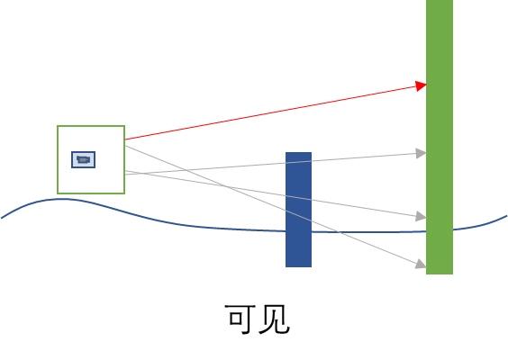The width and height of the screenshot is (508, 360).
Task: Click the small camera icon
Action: (83, 159)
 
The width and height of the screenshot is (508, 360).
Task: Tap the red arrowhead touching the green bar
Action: (422, 85)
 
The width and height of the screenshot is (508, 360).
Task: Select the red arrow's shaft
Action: (270, 113)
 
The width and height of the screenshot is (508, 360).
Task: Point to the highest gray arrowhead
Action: (422, 153)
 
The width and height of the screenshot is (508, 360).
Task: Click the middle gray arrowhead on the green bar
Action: (422, 216)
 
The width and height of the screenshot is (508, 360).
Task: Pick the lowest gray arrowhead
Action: (421, 265)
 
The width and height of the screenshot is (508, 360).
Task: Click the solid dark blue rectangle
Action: (298, 210)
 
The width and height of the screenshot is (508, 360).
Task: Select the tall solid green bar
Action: (440, 137)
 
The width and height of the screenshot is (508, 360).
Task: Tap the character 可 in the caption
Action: (239, 319)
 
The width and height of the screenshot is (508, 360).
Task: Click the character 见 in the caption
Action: (275, 319)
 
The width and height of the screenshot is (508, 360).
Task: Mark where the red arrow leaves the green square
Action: (125, 139)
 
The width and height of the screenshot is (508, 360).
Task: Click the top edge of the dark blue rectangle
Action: (298, 152)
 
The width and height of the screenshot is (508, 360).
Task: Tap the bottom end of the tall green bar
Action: (440, 274)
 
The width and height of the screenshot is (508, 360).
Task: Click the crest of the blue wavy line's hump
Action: (63, 199)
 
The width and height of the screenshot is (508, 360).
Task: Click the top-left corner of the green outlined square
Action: (58, 126)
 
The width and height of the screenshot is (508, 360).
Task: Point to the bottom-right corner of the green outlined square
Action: (124, 193)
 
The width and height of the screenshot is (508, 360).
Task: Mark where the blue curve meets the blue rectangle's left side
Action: (286, 231)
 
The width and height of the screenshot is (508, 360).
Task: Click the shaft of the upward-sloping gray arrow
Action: (270, 165)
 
